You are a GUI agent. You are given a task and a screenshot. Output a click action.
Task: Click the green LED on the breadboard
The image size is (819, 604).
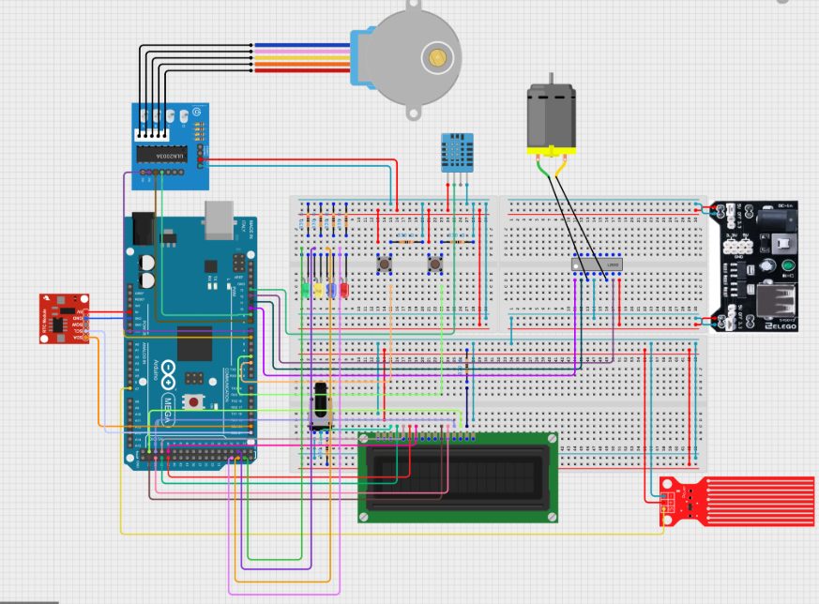(307, 290)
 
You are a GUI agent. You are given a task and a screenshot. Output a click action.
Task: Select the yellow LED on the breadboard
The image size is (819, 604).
(319, 290)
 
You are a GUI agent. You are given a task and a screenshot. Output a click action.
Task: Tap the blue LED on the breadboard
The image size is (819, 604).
(331, 290)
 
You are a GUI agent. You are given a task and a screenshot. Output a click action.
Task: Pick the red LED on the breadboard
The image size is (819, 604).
(343, 290)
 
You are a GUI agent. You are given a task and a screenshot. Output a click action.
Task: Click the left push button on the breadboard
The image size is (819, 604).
(385, 265)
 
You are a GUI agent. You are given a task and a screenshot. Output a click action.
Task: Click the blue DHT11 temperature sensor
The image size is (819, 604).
(457, 151)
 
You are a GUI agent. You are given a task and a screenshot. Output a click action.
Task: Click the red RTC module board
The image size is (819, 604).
(63, 318)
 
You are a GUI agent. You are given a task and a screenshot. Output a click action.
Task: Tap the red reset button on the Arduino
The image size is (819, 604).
(194, 402)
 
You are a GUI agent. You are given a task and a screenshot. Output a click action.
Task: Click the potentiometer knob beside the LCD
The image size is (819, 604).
(321, 408)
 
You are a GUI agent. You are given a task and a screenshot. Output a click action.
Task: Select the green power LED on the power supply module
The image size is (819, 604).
(766, 266)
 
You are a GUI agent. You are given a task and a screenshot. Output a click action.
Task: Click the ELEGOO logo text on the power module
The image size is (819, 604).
(780, 325)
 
